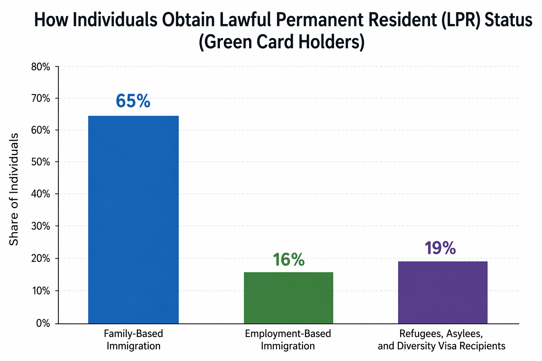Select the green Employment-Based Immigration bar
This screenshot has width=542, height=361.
point(288,298)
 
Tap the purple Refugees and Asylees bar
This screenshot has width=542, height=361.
point(442,292)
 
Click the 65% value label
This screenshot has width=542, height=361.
point(133,101)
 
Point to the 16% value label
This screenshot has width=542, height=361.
point(288,260)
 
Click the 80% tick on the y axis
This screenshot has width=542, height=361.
point(41,67)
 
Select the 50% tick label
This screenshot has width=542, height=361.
point(41,163)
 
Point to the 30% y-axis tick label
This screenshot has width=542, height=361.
point(41,226)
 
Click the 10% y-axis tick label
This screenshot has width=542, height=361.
point(41,291)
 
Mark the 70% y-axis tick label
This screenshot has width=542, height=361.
point(41,98)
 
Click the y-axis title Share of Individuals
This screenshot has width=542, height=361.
point(14,189)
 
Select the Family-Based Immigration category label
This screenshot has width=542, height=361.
point(133,339)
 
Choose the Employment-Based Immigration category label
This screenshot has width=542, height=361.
point(288,339)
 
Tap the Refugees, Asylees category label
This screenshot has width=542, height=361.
point(441,339)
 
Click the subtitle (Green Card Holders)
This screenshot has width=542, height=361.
point(281,42)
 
